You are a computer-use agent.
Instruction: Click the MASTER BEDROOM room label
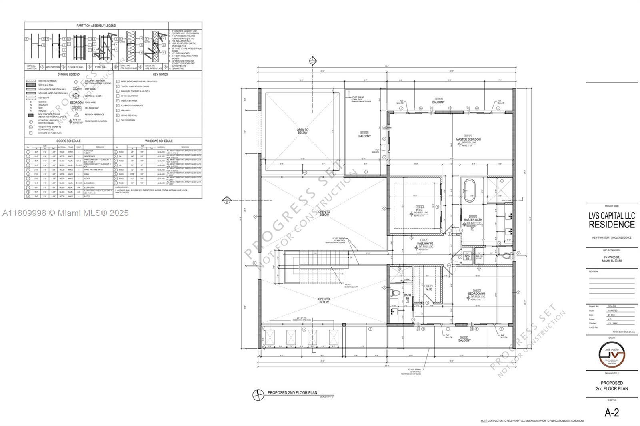[x=468, y=139]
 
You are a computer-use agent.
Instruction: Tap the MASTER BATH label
[x=472, y=220]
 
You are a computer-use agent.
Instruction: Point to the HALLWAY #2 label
[x=425, y=243]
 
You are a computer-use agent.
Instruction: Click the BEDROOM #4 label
[x=476, y=294]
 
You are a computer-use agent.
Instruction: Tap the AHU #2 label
[x=467, y=257]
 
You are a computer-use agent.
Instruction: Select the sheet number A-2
[x=611, y=413]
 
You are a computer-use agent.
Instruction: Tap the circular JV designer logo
[x=611, y=354]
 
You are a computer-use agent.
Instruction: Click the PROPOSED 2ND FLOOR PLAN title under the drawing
[x=292, y=393]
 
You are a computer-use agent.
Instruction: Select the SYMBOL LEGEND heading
[x=68, y=74]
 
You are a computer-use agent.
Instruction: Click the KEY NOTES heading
[x=160, y=74]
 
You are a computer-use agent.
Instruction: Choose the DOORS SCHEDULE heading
[x=68, y=141]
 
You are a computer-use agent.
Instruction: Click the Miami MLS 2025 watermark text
[x=66, y=213]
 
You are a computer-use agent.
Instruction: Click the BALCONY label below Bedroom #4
[x=464, y=340]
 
